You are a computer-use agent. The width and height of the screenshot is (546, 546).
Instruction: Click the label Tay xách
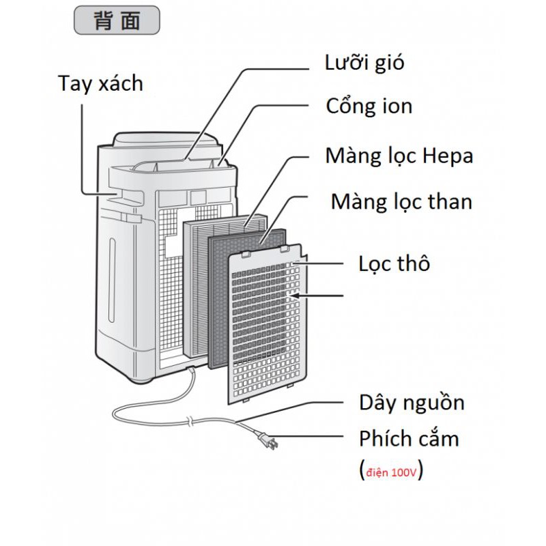100,84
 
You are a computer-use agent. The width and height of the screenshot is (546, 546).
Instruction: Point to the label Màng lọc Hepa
399,156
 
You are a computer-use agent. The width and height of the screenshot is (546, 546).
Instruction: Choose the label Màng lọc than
401,201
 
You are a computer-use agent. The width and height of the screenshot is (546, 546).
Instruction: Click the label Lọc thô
394,263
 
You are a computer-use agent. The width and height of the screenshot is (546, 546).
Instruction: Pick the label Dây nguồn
412,402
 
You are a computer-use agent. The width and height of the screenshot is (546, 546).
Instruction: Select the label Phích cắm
409,438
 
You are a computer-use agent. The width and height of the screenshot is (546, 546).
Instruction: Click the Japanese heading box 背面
116,20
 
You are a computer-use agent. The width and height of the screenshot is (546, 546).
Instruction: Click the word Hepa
448,156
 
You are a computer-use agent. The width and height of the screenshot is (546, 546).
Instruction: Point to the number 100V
403,471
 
